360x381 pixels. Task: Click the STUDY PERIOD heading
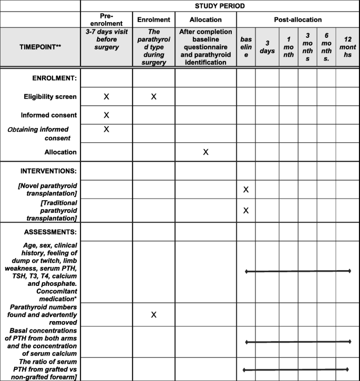pos(219,6)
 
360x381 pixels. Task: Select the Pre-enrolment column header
pos(106,19)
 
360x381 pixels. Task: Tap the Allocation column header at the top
pos(205,19)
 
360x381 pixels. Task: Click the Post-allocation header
pos(297,19)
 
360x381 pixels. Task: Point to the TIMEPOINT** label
pos(40,46)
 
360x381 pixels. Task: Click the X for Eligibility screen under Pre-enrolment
pos(106,97)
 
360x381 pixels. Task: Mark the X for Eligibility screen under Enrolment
pos(153,97)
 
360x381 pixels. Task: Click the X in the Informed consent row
pos(106,115)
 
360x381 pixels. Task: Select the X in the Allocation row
pos(205,152)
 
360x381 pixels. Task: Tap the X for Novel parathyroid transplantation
pos(246,189)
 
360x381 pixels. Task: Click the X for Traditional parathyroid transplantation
pos(246,210)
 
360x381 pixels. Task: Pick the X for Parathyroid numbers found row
pos(153,314)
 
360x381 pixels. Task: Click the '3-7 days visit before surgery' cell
pos(106,46)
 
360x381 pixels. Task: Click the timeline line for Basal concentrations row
pos(298,342)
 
